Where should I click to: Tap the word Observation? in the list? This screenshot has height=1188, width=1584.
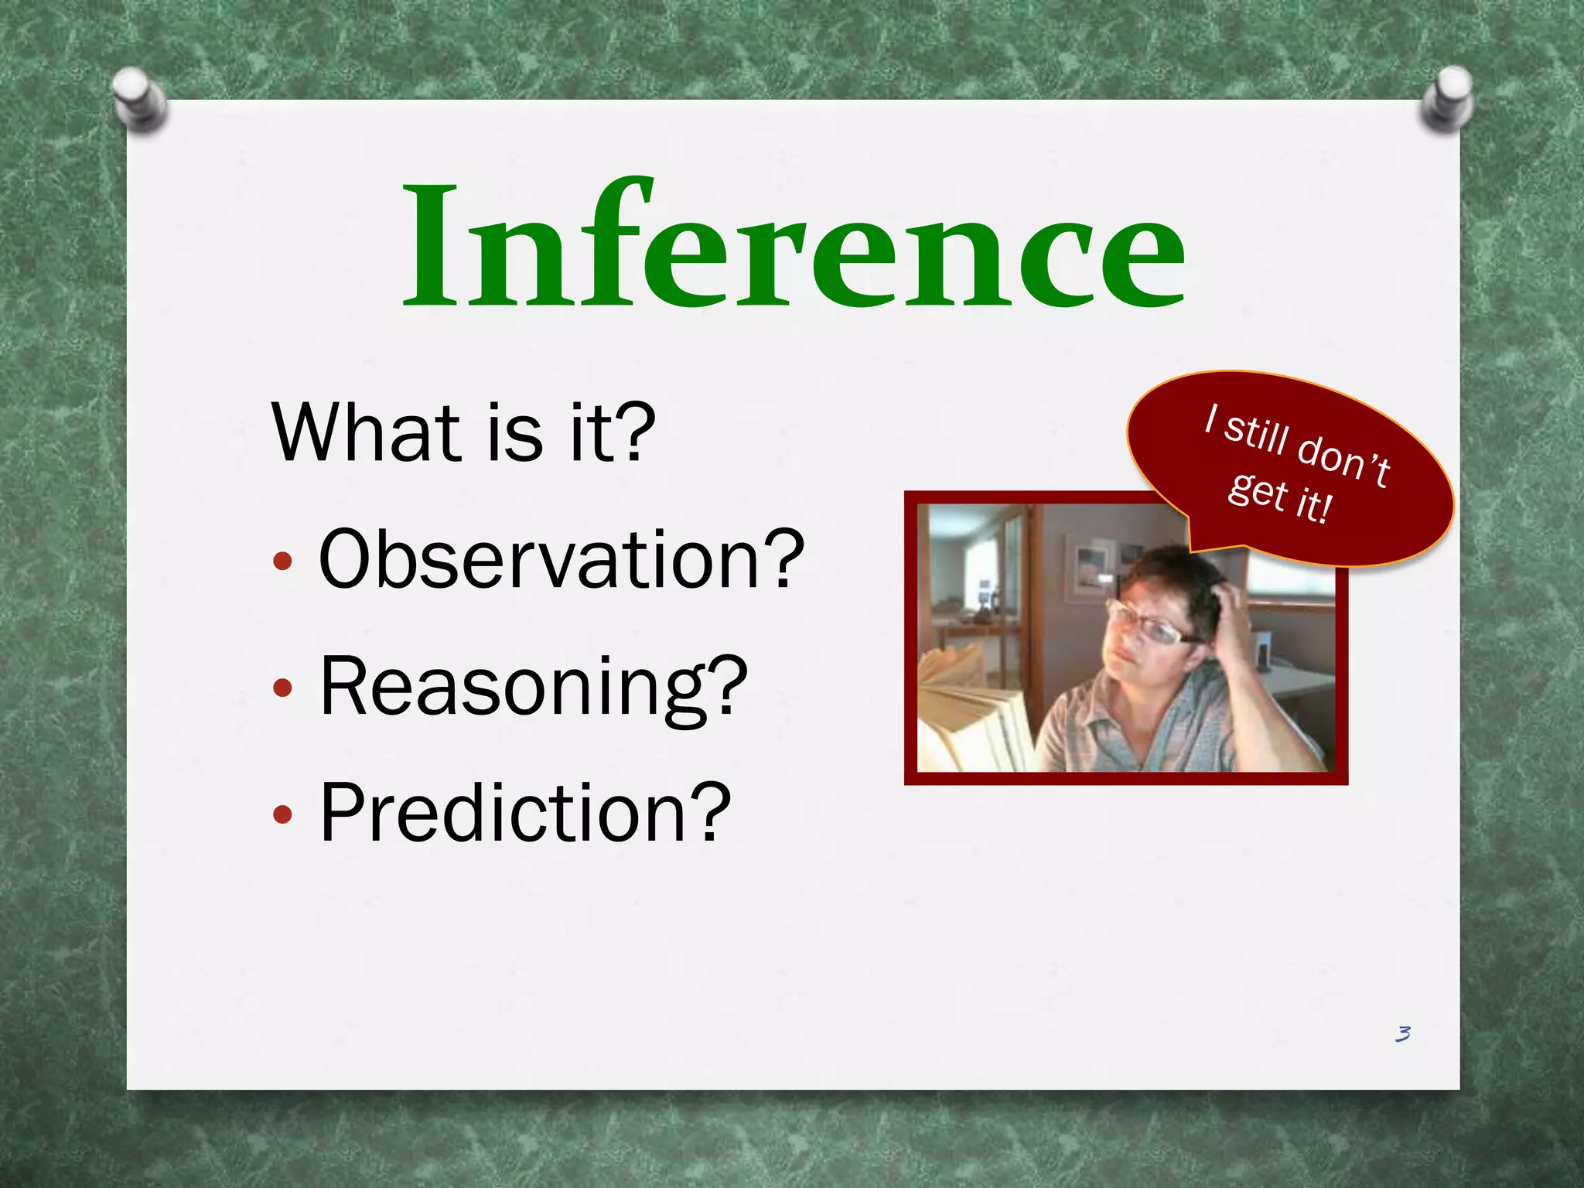tap(561, 559)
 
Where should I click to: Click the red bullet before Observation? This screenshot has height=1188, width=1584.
tap(283, 562)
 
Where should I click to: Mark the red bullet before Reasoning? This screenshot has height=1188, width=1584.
tap(283, 688)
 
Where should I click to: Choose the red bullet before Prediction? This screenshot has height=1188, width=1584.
tap(283, 814)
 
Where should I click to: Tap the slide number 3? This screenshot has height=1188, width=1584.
tap(1402, 1034)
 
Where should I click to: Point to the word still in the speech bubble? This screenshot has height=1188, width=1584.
tap(1258, 432)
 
